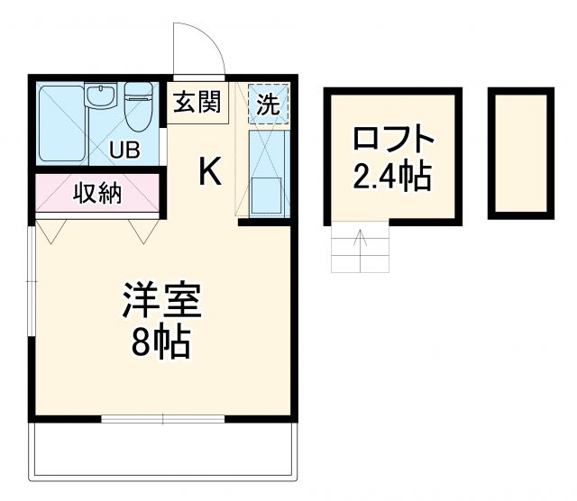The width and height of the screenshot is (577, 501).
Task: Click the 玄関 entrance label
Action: (x=197, y=103)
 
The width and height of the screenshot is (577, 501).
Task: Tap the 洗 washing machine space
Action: (x=269, y=102)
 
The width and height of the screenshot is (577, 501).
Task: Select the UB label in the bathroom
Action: (x=125, y=150)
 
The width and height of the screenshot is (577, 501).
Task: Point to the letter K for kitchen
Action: (x=209, y=170)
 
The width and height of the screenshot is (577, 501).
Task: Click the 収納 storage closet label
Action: (x=97, y=192)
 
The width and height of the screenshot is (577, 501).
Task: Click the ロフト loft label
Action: (x=392, y=140)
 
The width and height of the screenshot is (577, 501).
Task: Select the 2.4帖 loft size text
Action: (x=392, y=177)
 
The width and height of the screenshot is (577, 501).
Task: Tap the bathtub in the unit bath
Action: (x=61, y=122)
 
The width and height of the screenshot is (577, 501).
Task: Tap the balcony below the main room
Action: (x=162, y=451)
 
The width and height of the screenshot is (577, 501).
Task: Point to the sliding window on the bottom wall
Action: (x=162, y=418)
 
